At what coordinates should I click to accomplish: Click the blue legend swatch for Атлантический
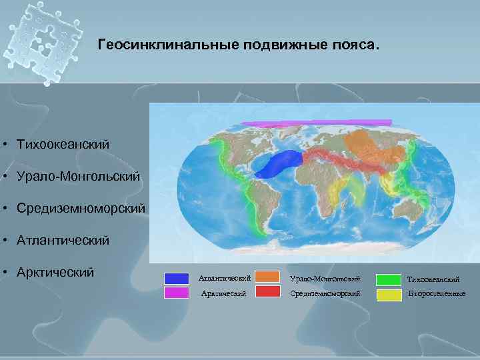click(x=177, y=279)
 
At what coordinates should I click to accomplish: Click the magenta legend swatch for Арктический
click(x=177, y=293)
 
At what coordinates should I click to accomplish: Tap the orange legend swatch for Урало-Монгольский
click(x=267, y=277)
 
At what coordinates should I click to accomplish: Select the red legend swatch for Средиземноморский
click(x=267, y=292)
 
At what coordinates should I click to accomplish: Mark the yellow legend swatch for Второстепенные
click(x=389, y=293)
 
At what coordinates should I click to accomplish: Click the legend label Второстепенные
click(x=437, y=293)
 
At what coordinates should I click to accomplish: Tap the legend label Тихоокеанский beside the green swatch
click(x=433, y=279)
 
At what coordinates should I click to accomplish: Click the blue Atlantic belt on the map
click(x=280, y=164)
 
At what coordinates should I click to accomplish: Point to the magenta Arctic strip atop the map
click(x=317, y=123)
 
